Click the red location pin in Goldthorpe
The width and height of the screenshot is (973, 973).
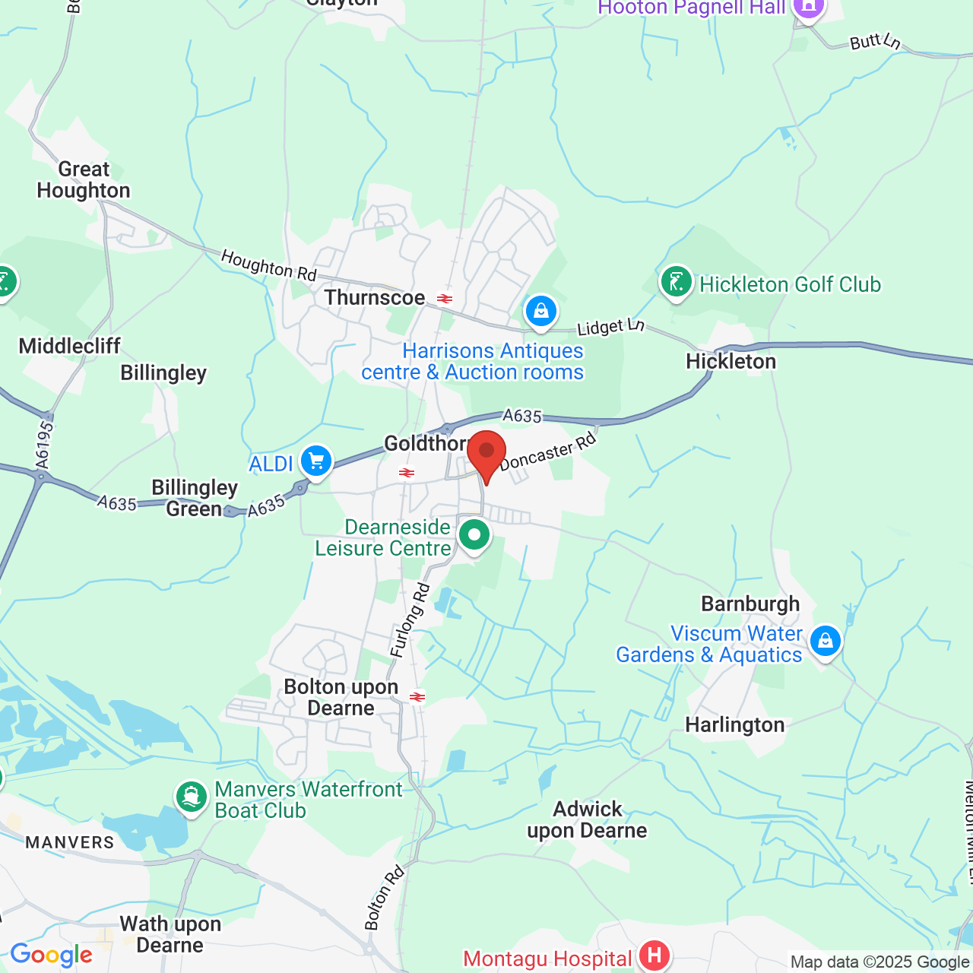click(486, 452)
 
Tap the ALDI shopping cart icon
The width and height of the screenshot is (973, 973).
click(316, 461)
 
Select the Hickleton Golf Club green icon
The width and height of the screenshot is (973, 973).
click(676, 282)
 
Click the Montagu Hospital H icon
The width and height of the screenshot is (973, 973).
click(654, 956)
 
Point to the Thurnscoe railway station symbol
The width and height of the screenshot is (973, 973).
click(445, 299)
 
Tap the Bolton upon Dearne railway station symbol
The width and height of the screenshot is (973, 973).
click(417, 696)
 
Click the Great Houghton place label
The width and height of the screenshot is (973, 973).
click(84, 180)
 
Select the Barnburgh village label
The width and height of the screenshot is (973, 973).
click(750, 604)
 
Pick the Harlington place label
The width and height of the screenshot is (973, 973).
click(734, 725)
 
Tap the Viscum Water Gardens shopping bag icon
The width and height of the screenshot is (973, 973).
click(826, 641)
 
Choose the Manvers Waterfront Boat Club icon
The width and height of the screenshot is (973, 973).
click(192, 797)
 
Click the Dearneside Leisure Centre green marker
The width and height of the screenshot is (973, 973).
click(474, 535)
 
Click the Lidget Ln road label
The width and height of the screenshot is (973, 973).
click(610, 327)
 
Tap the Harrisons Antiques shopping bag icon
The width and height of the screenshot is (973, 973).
click(541, 311)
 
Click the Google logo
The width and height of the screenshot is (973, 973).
click(52, 955)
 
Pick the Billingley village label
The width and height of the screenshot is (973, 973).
click(163, 373)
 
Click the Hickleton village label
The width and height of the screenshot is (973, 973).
click(731, 362)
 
